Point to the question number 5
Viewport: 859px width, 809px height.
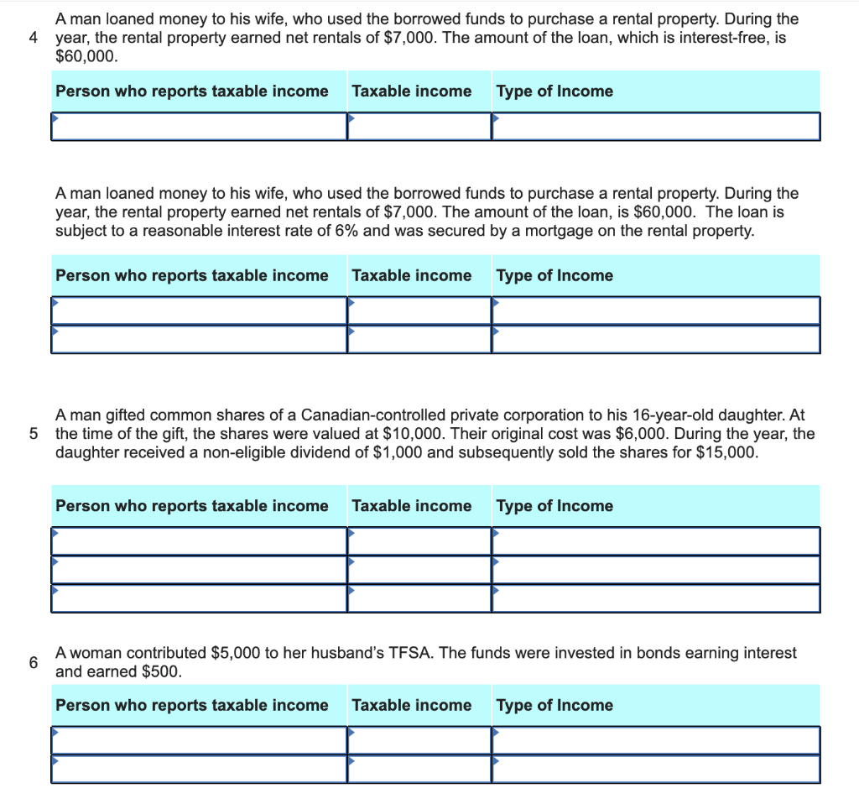pos(33,434)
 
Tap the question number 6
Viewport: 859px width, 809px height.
pos(33,662)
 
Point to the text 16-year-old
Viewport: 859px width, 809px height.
pos(676,415)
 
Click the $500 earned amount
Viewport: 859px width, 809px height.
pos(159,671)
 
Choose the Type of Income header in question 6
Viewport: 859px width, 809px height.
pos(554,705)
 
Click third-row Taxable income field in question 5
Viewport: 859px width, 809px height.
pos(419,598)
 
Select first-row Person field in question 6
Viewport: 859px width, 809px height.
pos(199,740)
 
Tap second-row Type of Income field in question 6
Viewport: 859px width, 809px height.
pos(656,769)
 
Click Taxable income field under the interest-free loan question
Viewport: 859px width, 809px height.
pos(419,127)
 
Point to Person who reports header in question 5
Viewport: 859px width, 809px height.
pos(191,505)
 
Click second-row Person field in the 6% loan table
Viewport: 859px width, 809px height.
pos(199,339)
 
